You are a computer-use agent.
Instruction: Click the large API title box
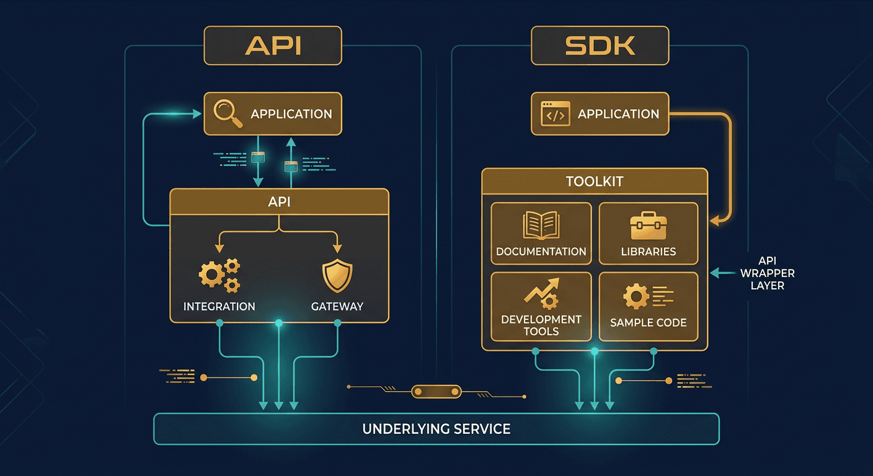(x=273, y=45)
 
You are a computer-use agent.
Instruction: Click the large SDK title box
(x=600, y=45)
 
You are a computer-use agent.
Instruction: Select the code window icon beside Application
(x=555, y=114)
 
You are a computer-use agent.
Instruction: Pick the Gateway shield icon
(x=337, y=276)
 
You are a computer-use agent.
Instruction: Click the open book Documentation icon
(x=541, y=226)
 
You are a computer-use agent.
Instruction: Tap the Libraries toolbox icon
(x=648, y=226)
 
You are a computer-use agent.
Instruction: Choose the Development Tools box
(x=541, y=307)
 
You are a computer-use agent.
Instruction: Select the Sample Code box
(x=648, y=307)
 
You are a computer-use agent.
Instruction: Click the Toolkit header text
(x=594, y=182)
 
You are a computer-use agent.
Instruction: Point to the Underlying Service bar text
(x=436, y=429)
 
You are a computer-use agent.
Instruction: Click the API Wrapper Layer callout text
(x=767, y=273)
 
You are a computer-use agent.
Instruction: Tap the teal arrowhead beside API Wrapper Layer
(x=713, y=272)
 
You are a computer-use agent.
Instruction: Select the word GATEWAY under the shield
(x=337, y=306)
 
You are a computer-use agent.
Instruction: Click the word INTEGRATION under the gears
(x=219, y=306)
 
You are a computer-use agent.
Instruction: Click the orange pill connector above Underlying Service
(x=437, y=390)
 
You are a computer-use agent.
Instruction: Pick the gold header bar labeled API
(x=279, y=202)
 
